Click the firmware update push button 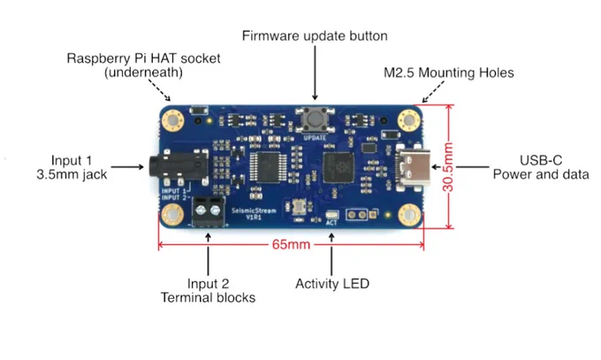coord(315,119)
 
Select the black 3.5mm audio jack coord(178,167)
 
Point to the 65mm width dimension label coord(292,244)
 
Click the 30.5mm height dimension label coord(448,167)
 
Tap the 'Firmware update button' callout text coord(315,35)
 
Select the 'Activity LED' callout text coord(332,284)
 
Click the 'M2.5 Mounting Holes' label coord(449,73)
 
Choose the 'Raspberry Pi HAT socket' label coord(143,58)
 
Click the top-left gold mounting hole coord(173,120)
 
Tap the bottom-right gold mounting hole coord(409,214)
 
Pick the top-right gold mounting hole coord(408,120)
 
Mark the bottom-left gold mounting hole coord(172,214)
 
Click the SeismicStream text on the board coord(254,211)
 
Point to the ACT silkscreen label coord(331,223)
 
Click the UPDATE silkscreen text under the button coord(315,137)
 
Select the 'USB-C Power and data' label coord(541,167)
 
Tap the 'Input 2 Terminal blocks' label coord(208,290)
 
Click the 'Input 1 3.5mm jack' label coord(72,167)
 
